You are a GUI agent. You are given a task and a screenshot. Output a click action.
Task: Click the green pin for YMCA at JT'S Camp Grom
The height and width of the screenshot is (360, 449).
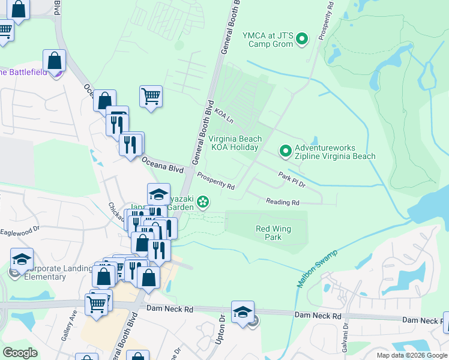[x=302, y=40]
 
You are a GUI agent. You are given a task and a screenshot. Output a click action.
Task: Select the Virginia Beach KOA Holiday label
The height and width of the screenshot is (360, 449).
[x=235, y=143]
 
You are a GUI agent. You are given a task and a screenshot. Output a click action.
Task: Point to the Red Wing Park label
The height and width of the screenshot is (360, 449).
[x=268, y=233]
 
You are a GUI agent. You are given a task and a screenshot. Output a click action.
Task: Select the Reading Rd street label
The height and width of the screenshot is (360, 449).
[x=283, y=203]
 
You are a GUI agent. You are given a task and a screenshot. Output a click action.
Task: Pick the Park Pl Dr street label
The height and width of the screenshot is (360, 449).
[x=292, y=179]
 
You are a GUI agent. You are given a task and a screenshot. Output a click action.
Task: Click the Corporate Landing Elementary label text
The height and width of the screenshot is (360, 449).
[x=42, y=273]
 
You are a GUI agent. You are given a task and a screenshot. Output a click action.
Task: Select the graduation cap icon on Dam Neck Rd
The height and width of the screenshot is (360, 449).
[x=243, y=312]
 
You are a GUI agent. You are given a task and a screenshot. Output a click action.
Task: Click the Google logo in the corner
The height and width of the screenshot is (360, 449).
[x=20, y=352]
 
